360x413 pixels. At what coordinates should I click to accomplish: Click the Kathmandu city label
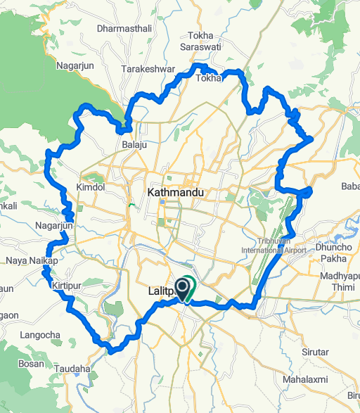click(175, 192)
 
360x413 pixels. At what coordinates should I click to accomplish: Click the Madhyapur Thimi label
click(335, 281)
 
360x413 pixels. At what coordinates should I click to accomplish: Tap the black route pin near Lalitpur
click(182, 286)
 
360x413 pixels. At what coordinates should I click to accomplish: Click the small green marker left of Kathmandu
click(131, 205)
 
